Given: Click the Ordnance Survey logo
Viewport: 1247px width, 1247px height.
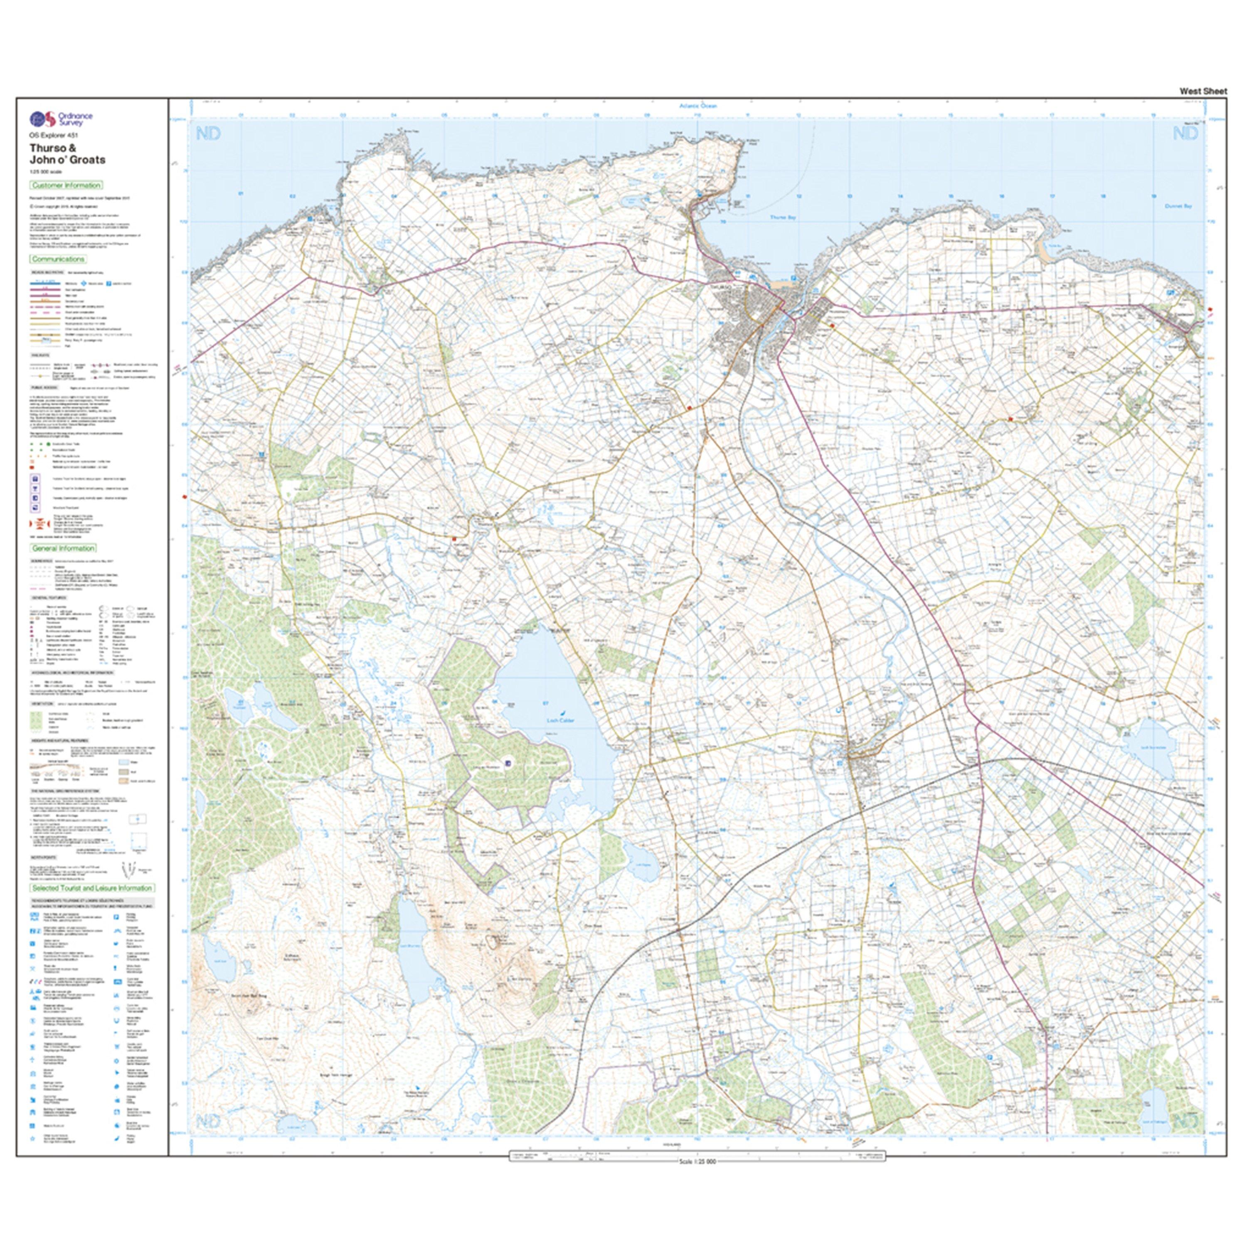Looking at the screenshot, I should (62, 119).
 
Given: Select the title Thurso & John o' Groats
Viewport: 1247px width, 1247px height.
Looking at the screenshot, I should (67, 154).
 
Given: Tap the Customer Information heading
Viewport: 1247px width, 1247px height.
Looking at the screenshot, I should (66, 185).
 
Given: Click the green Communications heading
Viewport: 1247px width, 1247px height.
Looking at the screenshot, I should (58, 259).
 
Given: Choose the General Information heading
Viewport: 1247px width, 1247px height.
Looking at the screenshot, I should (63, 548).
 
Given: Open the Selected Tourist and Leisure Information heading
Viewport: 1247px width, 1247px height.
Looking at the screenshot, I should (91, 888).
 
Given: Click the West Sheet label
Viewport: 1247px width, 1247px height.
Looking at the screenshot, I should (1203, 91).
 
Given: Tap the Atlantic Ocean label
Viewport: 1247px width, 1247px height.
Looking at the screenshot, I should (698, 105).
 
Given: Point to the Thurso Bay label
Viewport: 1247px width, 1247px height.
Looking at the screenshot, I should (783, 217).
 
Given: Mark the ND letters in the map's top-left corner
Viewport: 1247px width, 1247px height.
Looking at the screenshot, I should (208, 133).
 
